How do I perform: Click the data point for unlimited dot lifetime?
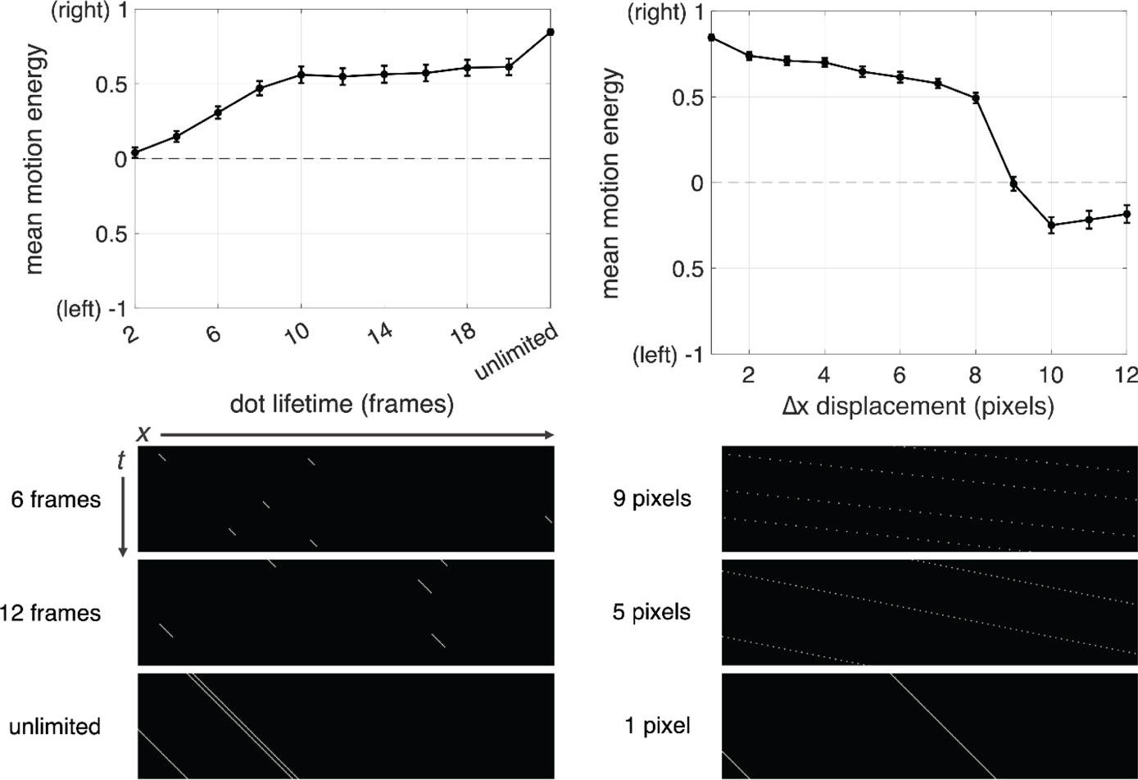[551, 32]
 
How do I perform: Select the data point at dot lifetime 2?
[134, 152]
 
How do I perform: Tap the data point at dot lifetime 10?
[302, 75]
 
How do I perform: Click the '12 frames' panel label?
[50, 612]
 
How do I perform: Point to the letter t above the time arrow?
[121, 461]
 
